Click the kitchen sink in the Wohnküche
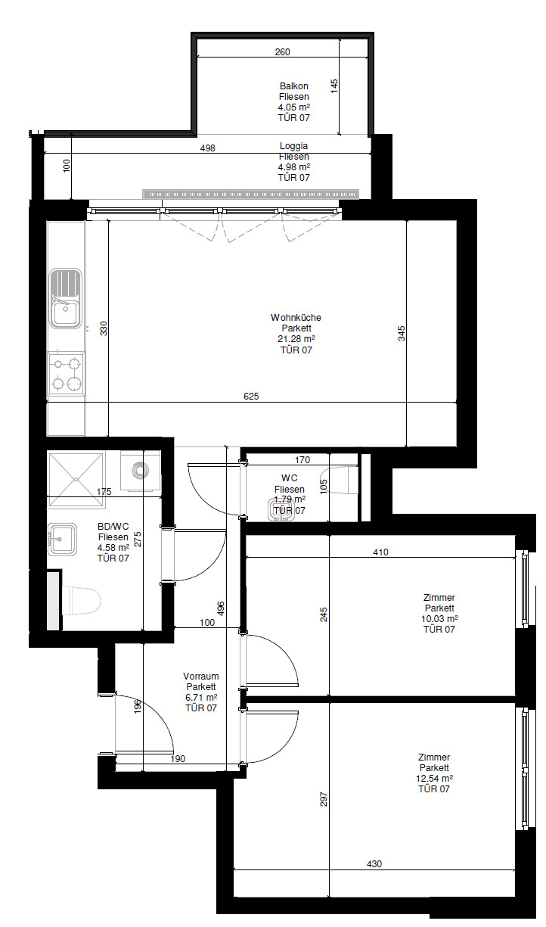pyautogui.click(x=65, y=298)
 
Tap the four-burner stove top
pyautogui.click(x=67, y=374)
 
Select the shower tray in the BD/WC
pyautogui.click(x=76, y=479)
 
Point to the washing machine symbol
pyautogui.click(x=140, y=471)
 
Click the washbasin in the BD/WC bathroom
pyautogui.click(x=62, y=539)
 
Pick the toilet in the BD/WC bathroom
pyautogui.click(x=81, y=601)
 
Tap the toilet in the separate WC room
pyautogui.click(x=340, y=480)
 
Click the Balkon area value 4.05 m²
pyautogui.click(x=294, y=107)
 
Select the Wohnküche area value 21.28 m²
pyautogui.click(x=296, y=339)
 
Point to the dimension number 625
pyautogui.click(x=251, y=397)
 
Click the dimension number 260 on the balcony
pyautogui.click(x=283, y=52)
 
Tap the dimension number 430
pyautogui.click(x=374, y=864)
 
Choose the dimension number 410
pyautogui.click(x=380, y=552)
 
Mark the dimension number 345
pyautogui.click(x=402, y=334)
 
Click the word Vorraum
pyautogui.click(x=201, y=677)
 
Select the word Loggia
pyautogui.click(x=293, y=146)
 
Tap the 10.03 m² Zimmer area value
pyautogui.click(x=439, y=619)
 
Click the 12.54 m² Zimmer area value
pyautogui.click(x=434, y=778)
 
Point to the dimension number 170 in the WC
pyautogui.click(x=302, y=460)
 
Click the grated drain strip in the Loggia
pyautogui.click(x=250, y=194)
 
